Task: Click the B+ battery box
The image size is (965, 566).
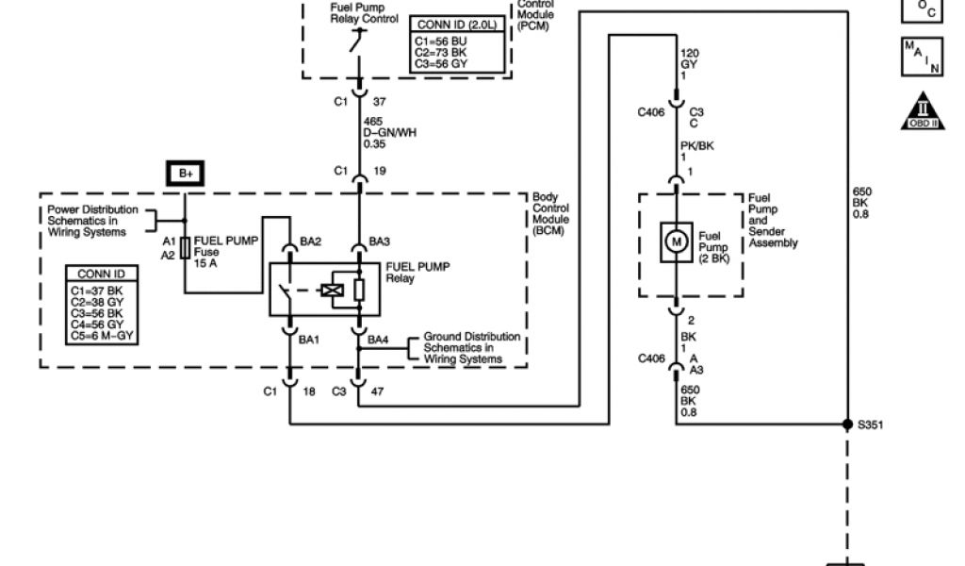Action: [185, 175]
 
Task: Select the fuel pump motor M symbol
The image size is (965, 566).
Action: [676, 241]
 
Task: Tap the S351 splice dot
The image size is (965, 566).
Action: [846, 424]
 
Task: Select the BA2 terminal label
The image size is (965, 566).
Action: [311, 241]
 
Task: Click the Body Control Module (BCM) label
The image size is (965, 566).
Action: [552, 212]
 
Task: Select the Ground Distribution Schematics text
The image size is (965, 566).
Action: [470, 347]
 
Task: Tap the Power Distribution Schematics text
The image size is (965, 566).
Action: [92, 221]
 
